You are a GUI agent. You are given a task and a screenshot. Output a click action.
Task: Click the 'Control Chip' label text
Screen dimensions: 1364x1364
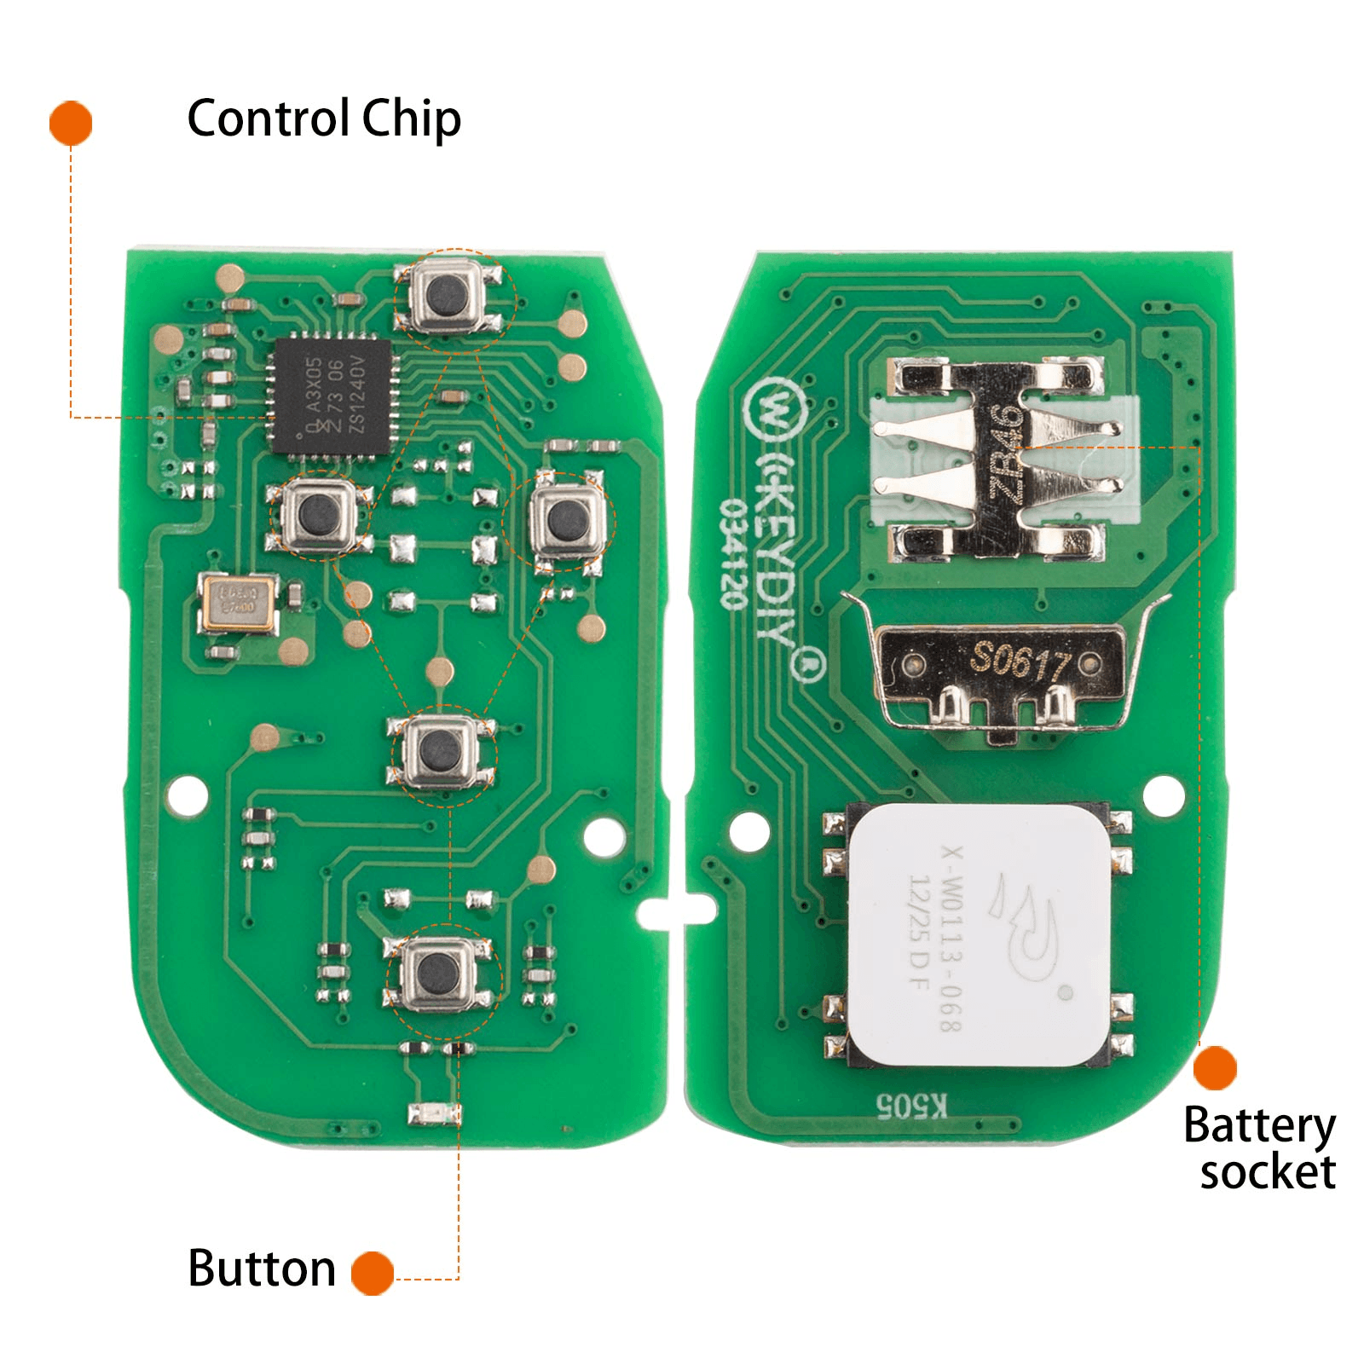coord(324,118)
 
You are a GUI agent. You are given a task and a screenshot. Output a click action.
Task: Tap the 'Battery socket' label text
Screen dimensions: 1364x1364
coord(1260,1147)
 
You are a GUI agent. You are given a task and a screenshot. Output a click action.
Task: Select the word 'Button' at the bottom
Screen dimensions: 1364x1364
coord(262,1269)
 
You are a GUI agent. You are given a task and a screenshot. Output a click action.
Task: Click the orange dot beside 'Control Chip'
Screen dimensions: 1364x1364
coord(71,123)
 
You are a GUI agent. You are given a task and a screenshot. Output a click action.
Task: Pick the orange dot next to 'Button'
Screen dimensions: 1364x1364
coord(373,1274)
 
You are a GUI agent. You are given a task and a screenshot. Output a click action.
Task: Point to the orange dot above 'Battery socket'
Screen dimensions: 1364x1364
coord(1215,1068)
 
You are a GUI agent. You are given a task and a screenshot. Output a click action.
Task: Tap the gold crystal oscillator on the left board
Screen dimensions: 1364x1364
coord(239,603)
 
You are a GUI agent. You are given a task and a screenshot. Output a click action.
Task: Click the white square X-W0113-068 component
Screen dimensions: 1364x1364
coord(980,935)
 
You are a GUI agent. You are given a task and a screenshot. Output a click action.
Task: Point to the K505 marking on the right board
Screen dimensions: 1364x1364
coord(912,1106)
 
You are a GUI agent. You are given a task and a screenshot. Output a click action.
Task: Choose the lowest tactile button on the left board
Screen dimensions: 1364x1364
coord(439,974)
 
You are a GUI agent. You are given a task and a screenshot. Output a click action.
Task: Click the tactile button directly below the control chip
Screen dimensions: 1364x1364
coord(320,514)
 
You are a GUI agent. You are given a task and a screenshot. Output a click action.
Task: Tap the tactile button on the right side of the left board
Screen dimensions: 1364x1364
coord(560,518)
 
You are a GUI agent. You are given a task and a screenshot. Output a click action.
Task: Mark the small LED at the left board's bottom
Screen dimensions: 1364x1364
coord(433,1113)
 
